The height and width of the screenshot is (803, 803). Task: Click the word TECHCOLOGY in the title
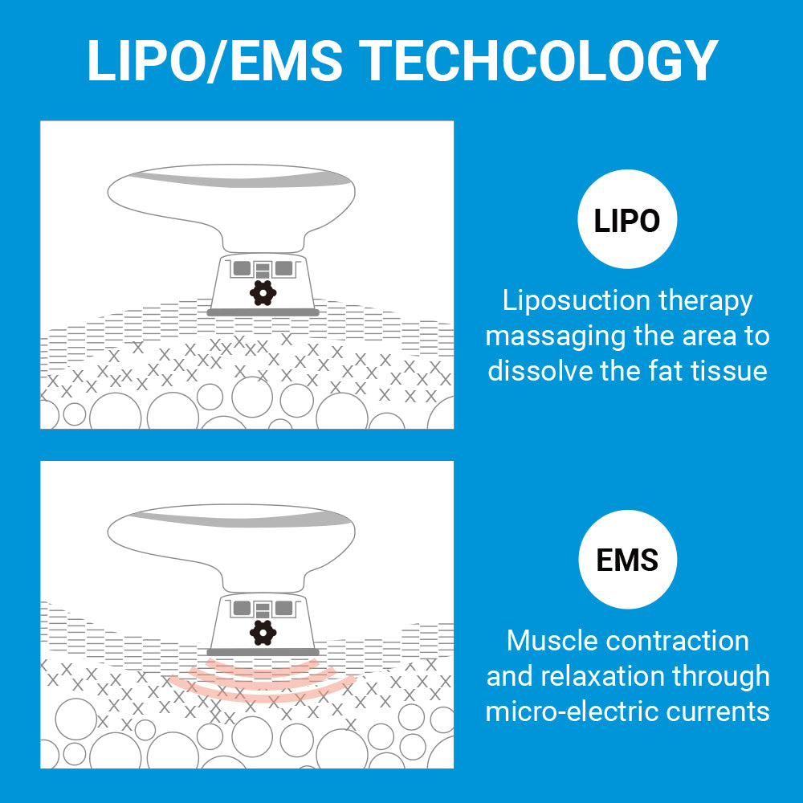(x=538, y=60)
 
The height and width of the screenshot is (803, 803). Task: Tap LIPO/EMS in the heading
(x=215, y=60)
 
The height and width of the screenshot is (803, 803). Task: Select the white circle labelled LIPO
(x=627, y=219)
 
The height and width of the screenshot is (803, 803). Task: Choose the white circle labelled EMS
(x=627, y=560)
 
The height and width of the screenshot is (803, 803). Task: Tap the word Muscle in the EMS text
(x=552, y=641)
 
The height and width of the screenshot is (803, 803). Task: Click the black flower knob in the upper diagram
(x=263, y=294)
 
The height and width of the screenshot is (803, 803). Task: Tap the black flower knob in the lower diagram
(x=263, y=633)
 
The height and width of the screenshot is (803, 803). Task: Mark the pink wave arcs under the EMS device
(x=263, y=679)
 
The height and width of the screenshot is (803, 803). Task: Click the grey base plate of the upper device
(x=263, y=312)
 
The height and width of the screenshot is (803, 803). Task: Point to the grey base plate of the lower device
(x=263, y=652)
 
